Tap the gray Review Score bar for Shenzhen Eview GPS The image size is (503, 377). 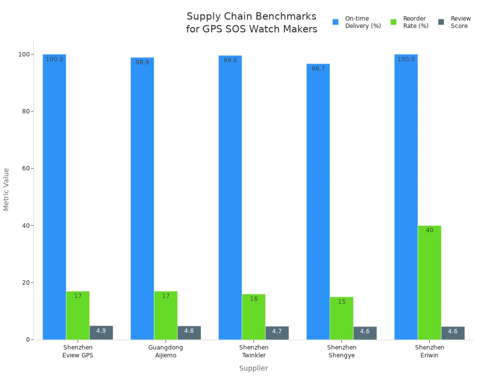click(x=101, y=333)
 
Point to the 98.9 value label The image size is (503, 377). click(x=142, y=62)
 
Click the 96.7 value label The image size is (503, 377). click(x=318, y=69)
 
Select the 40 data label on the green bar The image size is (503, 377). click(x=429, y=230)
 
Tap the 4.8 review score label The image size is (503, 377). click(x=189, y=331)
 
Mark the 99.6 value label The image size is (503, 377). click(x=230, y=60)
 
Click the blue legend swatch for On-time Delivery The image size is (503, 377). click(x=335, y=22)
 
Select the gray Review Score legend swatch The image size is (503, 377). click(x=441, y=22)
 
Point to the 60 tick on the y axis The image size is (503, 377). click(x=25, y=168)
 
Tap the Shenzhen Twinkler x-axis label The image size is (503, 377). click(x=253, y=351)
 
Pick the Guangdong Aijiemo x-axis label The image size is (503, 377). click(x=166, y=351)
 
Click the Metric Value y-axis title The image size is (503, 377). click(x=6, y=189)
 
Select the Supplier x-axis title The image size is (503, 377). click(x=253, y=368)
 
